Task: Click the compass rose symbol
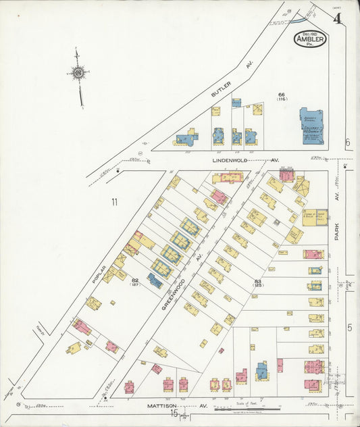[78, 72]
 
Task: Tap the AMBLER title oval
[310, 39]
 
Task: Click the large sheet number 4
[336, 20]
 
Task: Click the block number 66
[282, 94]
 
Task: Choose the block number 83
[257, 280]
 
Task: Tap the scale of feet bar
[247, 409]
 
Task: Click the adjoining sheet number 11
[115, 201]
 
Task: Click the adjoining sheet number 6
[348, 143]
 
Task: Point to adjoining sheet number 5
[349, 328]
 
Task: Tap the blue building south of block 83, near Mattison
[261, 370]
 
